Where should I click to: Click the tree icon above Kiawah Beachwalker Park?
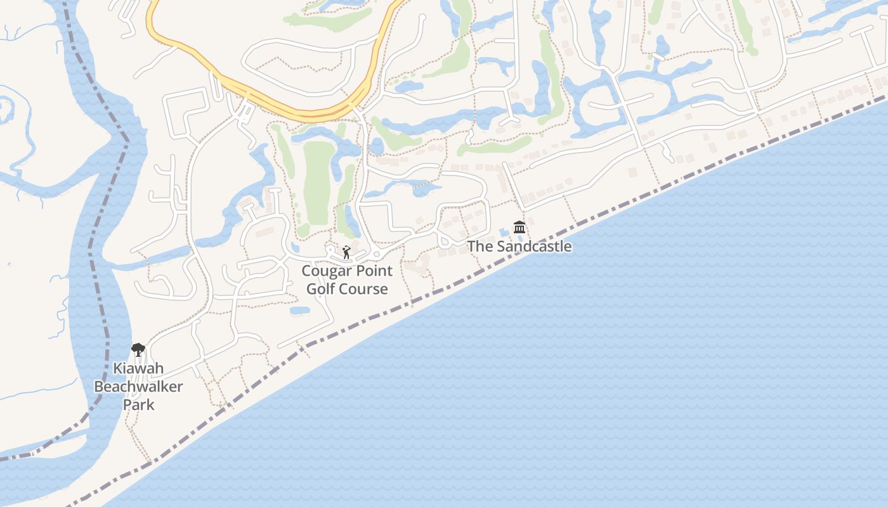[x=138, y=349]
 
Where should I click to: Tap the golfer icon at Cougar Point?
[x=346, y=253]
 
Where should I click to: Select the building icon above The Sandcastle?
[x=519, y=227]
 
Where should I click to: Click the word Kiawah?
[x=138, y=368]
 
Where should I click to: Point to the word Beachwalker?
[x=138, y=387]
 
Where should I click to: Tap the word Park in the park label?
[x=138, y=404]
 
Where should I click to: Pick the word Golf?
[x=320, y=289]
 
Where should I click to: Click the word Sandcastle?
[x=534, y=247]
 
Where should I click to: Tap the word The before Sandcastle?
[x=480, y=247]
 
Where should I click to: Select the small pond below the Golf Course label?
[x=300, y=311]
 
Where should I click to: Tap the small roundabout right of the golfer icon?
[x=377, y=255]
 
